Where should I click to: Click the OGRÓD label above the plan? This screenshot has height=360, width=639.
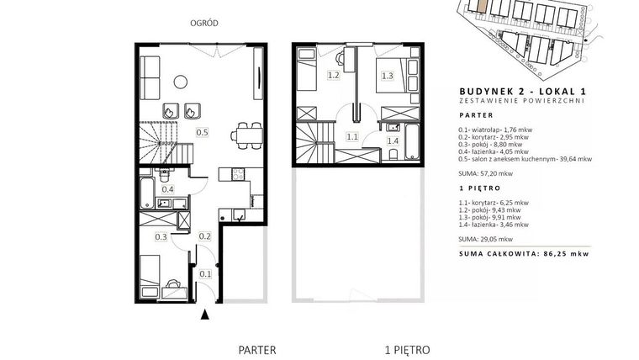[x=205, y=24]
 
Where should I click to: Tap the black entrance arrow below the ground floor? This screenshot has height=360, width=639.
[x=206, y=315]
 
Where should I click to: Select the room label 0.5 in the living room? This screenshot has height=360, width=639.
[x=202, y=132]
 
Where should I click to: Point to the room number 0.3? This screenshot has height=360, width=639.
[x=161, y=237]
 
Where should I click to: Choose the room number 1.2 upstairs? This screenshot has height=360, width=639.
[x=333, y=76]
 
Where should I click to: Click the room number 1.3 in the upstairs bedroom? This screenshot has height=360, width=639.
[x=388, y=76]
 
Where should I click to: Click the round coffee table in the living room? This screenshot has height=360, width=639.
[x=179, y=81]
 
